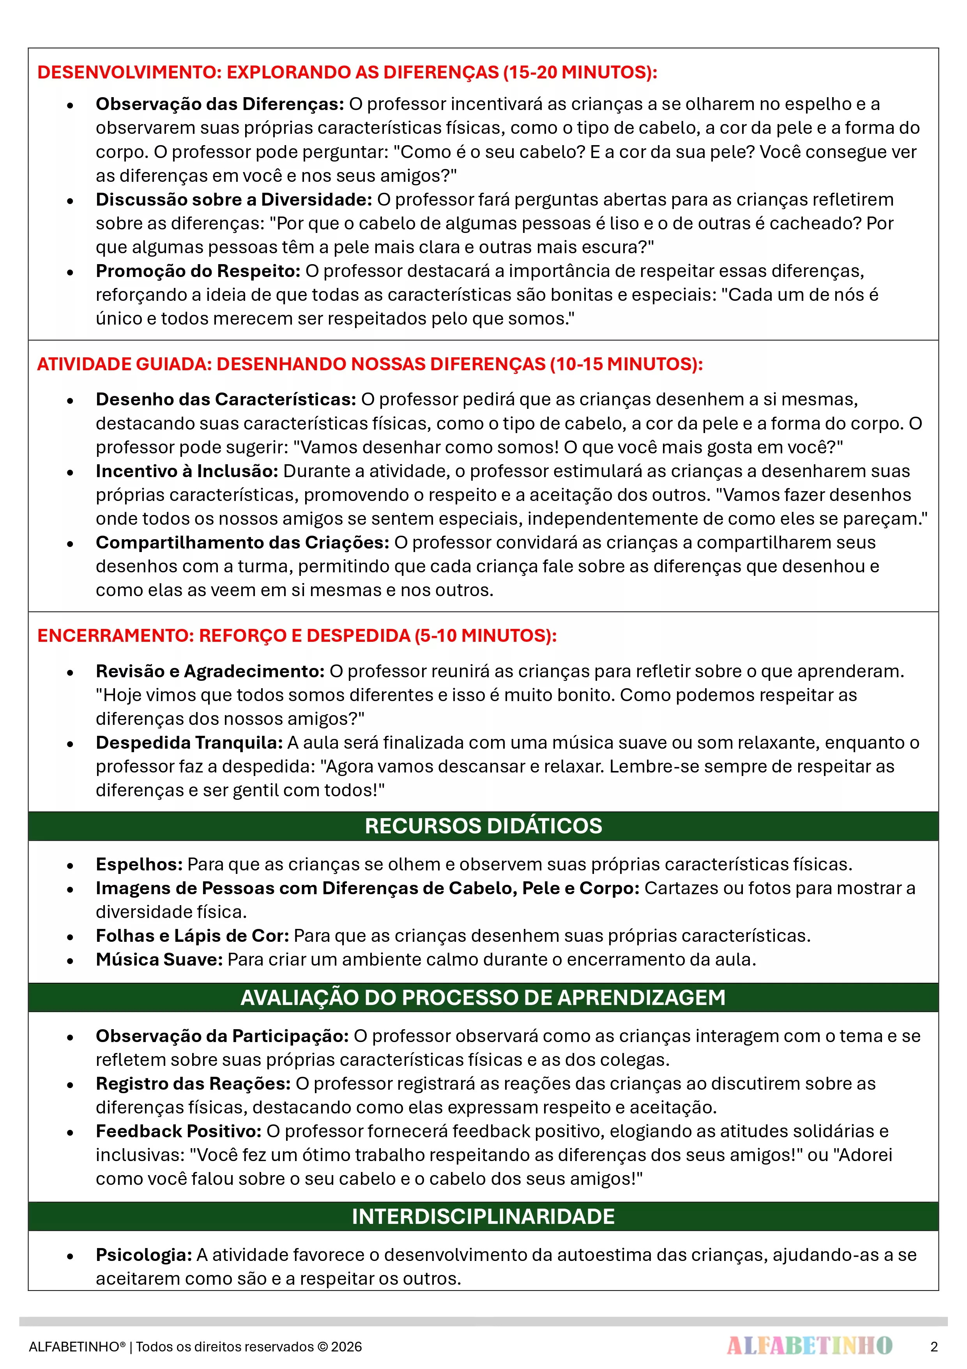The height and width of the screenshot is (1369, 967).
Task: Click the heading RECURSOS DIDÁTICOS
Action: [x=483, y=826]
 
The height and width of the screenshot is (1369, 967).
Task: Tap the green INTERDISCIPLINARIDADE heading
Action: [x=483, y=1216]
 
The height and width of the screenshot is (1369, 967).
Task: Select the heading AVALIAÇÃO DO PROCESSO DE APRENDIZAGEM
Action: [x=483, y=998]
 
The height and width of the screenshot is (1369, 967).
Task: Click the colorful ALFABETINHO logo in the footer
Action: [x=809, y=1346]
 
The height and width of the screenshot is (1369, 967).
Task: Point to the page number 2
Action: [x=933, y=1347]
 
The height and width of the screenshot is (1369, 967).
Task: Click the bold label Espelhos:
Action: [x=139, y=864]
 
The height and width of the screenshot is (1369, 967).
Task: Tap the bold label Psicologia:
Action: [x=143, y=1255]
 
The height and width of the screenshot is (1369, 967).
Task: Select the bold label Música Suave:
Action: [x=159, y=959]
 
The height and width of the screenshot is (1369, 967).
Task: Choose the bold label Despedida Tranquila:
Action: [x=189, y=742]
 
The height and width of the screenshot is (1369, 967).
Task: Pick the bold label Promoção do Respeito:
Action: [x=198, y=271]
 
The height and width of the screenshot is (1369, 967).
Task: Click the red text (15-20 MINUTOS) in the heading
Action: [x=580, y=72]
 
